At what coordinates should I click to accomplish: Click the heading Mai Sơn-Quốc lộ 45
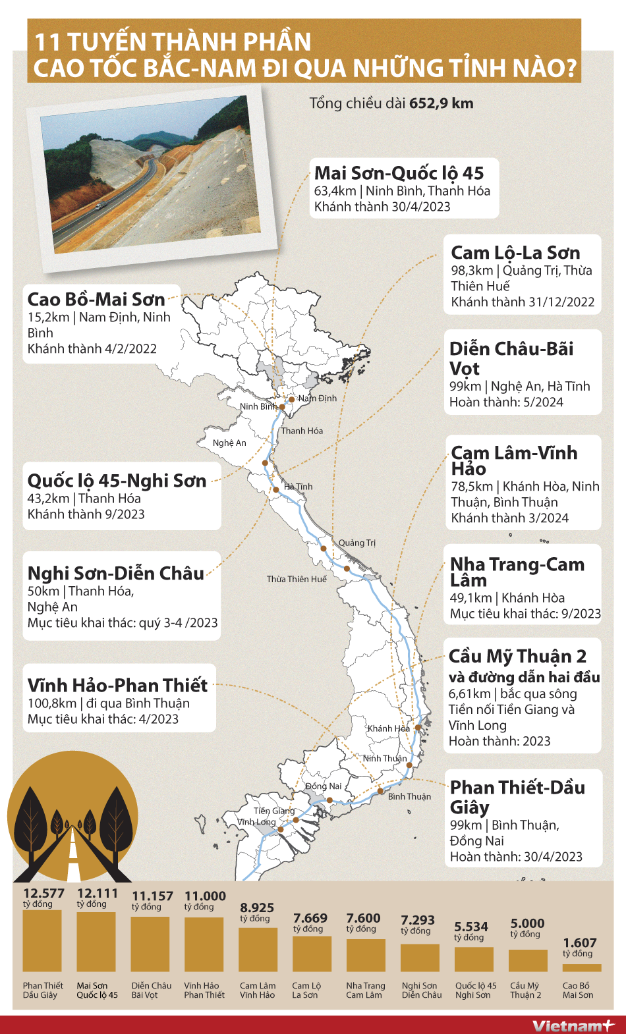(x=399, y=173)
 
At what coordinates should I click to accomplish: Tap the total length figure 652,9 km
(x=441, y=103)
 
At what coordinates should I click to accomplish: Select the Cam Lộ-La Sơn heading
(x=515, y=253)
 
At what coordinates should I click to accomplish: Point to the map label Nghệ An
(x=229, y=443)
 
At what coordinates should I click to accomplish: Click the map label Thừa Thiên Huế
(x=297, y=580)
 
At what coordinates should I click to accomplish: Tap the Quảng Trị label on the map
(x=357, y=543)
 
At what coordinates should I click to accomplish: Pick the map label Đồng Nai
(x=324, y=786)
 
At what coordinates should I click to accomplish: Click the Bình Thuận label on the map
(x=409, y=797)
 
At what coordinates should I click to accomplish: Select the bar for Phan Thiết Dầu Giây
(x=42, y=940)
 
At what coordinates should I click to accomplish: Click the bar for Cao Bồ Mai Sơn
(x=581, y=967)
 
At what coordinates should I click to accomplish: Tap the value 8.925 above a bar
(x=257, y=908)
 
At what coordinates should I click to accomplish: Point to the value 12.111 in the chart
(x=98, y=894)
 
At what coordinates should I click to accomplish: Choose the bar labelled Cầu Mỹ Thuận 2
(x=528, y=960)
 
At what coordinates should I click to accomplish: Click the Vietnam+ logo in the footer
(x=572, y=1025)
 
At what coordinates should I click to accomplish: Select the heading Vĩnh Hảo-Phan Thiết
(x=117, y=686)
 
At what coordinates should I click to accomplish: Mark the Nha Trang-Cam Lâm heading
(x=517, y=572)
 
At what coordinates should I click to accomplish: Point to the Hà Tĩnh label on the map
(x=299, y=487)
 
